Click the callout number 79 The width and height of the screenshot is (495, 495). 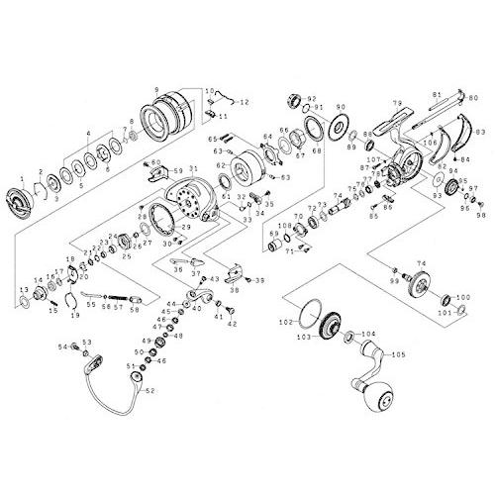395,103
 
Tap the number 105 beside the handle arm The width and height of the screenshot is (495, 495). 399,355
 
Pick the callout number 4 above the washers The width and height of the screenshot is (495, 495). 89,132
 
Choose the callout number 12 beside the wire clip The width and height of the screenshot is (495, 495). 245,102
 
